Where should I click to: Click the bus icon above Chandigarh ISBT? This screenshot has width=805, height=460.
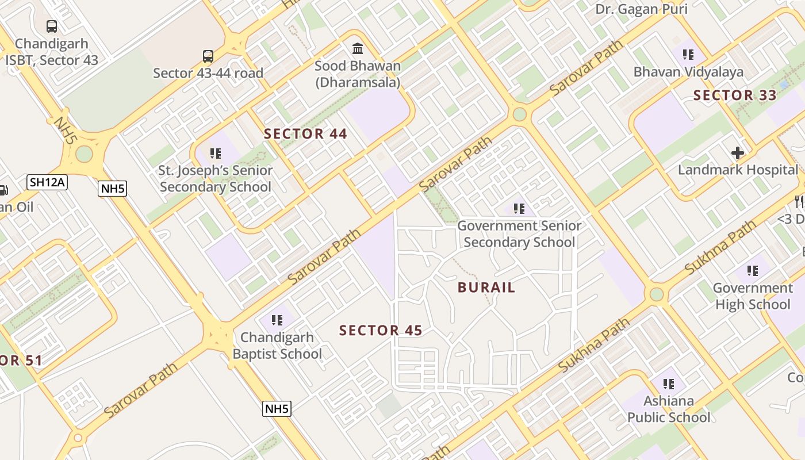(x=52, y=26)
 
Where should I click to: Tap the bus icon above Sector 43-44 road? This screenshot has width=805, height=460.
(x=208, y=56)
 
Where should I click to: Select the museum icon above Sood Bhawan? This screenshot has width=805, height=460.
(x=358, y=48)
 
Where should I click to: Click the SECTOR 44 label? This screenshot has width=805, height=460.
(x=305, y=134)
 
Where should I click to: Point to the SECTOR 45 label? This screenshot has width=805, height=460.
(x=381, y=331)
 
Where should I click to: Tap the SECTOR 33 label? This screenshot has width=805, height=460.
(x=735, y=95)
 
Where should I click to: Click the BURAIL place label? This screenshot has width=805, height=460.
(x=486, y=287)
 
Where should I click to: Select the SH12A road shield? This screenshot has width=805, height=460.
(x=47, y=183)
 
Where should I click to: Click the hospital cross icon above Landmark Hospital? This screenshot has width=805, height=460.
(x=738, y=153)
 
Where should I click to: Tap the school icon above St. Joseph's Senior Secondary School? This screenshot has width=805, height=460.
(x=216, y=154)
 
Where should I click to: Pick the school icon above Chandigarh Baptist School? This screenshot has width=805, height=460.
(x=277, y=320)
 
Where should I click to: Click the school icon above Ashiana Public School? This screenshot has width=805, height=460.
(x=668, y=384)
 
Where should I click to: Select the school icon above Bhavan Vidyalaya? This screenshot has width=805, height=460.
(x=688, y=55)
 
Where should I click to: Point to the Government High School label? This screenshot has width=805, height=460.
(x=752, y=296)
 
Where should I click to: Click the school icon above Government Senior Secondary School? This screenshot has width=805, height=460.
(x=519, y=209)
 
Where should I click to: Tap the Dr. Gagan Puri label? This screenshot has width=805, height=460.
(x=641, y=9)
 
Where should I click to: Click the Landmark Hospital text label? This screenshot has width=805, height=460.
(x=738, y=170)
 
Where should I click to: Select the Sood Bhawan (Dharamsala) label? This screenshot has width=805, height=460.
(x=358, y=74)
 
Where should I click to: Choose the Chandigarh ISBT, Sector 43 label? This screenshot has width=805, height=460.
(x=52, y=52)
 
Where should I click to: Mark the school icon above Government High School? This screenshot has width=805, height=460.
(x=752, y=271)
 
